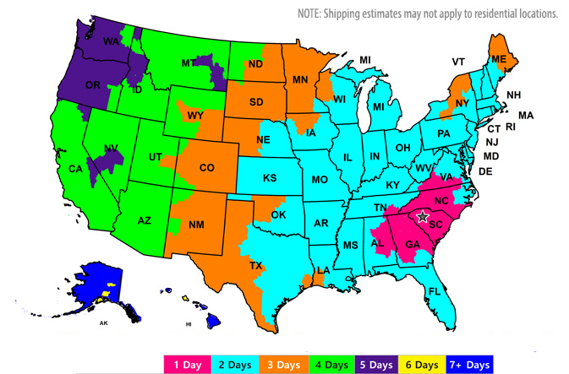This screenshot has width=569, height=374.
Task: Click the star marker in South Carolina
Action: (x=424, y=217)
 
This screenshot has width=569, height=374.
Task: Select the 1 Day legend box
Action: (x=189, y=364)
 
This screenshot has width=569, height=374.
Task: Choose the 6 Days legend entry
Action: (x=419, y=364)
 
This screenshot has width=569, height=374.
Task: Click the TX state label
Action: (x=256, y=265)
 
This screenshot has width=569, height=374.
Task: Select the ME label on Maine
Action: (x=498, y=58)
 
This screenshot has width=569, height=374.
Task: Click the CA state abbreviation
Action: (x=75, y=169)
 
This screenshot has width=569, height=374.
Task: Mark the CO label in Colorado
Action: (x=207, y=167)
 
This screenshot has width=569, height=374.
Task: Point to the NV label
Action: (x=109, y=149)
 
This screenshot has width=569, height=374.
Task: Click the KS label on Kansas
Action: (x=270, y=178)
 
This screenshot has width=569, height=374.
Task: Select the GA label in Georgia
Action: (x=412, y=245)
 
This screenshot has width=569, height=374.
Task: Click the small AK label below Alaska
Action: (x=103, y=323)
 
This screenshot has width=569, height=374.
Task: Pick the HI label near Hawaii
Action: (x=190, y=324)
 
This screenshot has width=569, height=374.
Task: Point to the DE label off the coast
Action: (x=485, y=171)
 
